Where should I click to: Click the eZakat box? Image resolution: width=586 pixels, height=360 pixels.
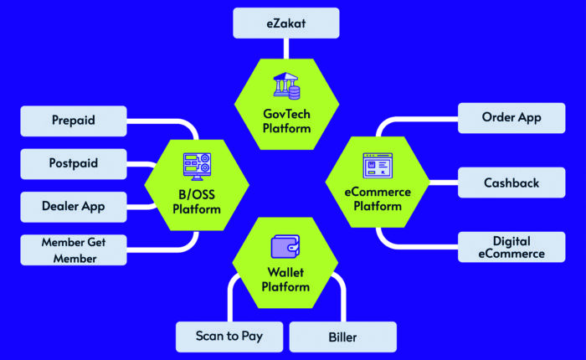pyautogui.click(x=285, y=23)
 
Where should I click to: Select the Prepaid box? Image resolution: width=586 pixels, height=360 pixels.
pyautogui.click(x=73, y=121)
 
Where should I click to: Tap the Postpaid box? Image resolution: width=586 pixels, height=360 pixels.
pyautogui.click(x=73, y=163)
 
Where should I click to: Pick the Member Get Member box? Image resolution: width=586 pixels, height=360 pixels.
pyautogui.click(x=73, y=250)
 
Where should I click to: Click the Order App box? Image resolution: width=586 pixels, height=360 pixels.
pyautogui.click(x=511, y=118)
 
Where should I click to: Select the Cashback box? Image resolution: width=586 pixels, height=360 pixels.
pyautogui.click(x=511, y=183)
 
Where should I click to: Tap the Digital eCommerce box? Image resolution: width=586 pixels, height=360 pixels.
pyautogui.click(x=511, y=247)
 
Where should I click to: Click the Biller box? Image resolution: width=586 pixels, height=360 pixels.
pyautogui.click(x=342, y=337)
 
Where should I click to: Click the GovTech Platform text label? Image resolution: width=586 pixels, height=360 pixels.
pyautogui.click(x=286, y=121)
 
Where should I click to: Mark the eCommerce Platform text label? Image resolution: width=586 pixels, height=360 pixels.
pyautogui.click(x=378, y=198)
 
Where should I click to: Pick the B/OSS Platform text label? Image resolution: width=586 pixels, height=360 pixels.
pyautogui.click(x=197, y=202)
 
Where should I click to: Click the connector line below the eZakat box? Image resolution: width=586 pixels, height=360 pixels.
pyautogui.click(x=285, y=48)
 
